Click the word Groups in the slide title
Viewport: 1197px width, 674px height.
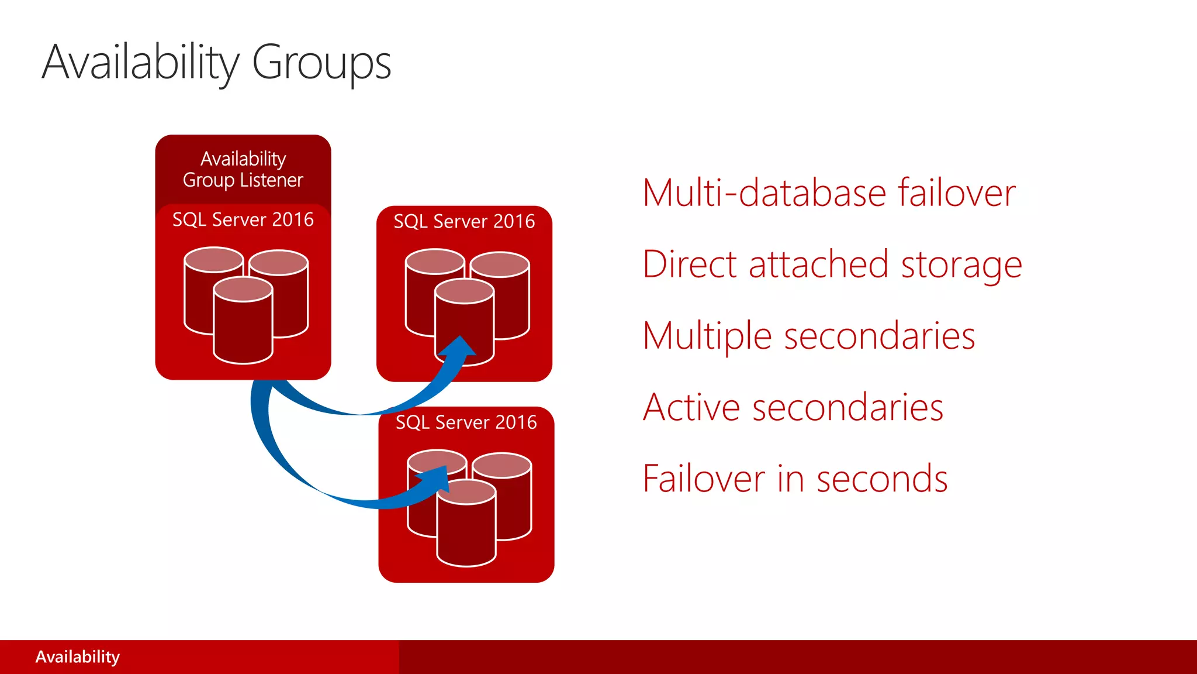[321, 63]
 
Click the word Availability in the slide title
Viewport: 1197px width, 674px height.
[141, 63]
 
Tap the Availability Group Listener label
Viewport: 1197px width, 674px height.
[243, 169]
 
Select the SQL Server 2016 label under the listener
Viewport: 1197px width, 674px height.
[243, 219]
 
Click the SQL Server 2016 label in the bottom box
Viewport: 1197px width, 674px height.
[466, 422]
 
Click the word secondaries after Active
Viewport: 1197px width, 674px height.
[847, 407]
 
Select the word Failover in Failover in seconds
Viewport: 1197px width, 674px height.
[704, 479]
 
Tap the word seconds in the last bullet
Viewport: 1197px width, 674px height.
[882, 479]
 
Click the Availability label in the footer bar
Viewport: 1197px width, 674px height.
[78, 657]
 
